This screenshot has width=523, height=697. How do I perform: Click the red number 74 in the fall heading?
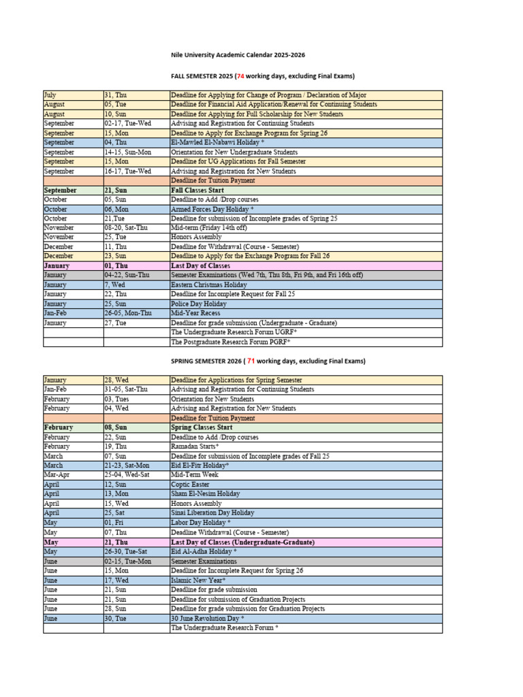click(x=239, y=76)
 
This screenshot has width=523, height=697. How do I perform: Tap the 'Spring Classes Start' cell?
click(x=200, y=427)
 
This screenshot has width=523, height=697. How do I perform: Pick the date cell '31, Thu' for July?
click(x=114, y=95)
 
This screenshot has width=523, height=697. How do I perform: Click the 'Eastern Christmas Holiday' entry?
click(x=208, y=285)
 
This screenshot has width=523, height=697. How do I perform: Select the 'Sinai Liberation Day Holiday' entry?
click(x=212, y=513)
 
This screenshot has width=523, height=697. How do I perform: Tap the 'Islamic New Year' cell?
click(x=200, y=580)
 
